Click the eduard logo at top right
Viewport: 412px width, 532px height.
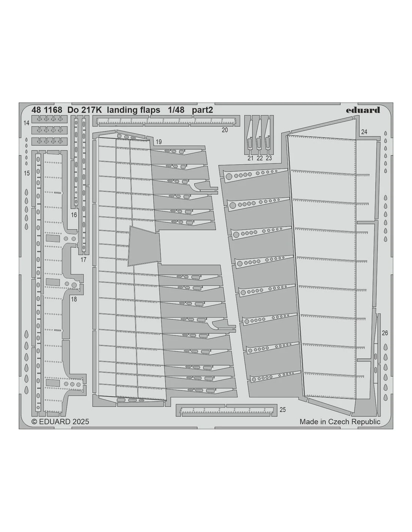point(363,110)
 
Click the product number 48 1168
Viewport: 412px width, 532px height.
point(46,110)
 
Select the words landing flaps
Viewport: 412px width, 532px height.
point(134,110)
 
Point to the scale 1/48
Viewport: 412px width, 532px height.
point(176,110)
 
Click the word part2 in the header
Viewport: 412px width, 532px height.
point(203,110)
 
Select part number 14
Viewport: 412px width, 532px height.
point(27,123)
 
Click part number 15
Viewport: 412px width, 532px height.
point(27,173)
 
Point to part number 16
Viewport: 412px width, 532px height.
point(74,215)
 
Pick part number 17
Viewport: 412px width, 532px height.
point(83,260)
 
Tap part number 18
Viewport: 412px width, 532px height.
point(74,299)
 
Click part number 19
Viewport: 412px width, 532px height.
point(158,142)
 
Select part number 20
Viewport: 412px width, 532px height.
point(225,130)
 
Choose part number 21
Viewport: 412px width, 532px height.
point(250,158)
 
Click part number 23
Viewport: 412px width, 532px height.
point(269,158)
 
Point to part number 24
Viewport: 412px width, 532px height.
point(364,132)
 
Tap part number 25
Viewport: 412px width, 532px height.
point(282,410)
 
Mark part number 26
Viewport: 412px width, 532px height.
point(385,333)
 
